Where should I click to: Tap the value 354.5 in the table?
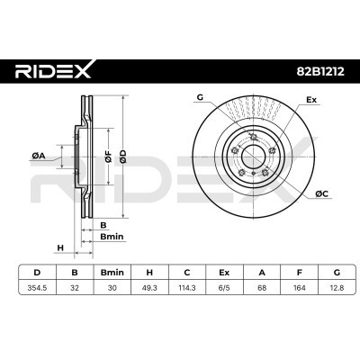point(35,289)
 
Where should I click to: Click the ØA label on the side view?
point(37,157)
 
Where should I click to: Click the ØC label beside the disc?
point(321,193)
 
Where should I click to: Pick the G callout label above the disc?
point(200,97)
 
